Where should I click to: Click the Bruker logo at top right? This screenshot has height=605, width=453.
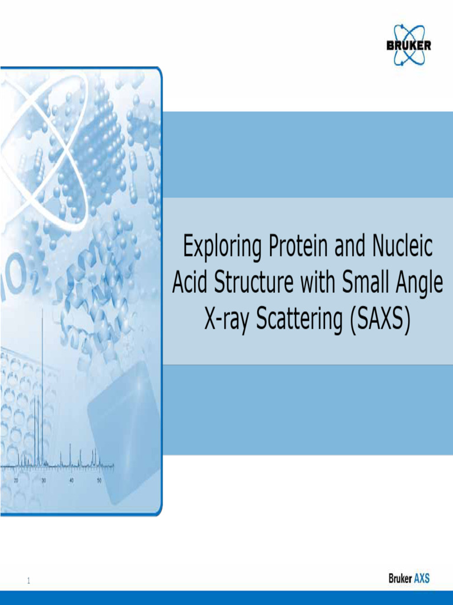coord(408,45)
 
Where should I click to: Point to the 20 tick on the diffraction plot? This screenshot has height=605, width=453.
coord(16,480)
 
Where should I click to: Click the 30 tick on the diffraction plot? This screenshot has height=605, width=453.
coord(44,480)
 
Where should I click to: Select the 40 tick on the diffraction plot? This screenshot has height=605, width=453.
coord(71,480)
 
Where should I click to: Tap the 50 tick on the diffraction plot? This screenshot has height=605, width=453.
coord(99,480)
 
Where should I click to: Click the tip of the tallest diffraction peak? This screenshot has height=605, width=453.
coord(42,310)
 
